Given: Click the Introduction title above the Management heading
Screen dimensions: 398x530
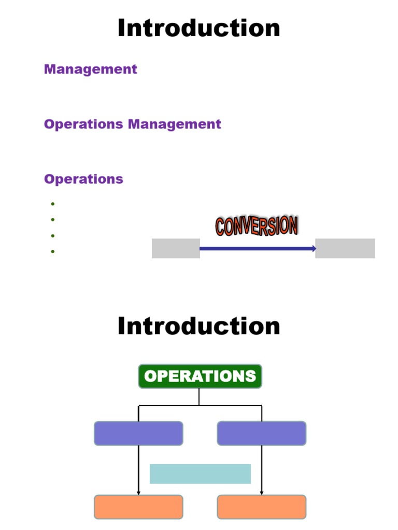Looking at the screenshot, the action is (x=198, y=28).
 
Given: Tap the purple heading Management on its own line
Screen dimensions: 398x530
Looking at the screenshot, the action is (x=91, y=69).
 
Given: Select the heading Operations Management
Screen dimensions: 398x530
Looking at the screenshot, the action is (x=133, y=124).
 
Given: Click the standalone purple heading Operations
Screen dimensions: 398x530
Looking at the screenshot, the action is (x=83, y=179).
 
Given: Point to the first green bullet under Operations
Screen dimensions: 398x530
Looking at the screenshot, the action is (x=53, y=204).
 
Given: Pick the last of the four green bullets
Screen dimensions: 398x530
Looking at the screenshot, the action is (x=53, y=252).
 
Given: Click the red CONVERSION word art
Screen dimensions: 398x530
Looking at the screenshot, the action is (x=257, y=226).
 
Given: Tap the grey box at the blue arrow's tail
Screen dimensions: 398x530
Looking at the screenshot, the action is (x=176, y=248).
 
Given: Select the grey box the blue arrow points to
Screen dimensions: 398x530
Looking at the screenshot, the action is (x=345, y=248).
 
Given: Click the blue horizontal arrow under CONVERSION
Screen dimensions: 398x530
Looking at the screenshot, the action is (x=258, y=249).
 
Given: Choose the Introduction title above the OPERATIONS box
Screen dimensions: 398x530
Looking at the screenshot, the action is (x=198, y=327).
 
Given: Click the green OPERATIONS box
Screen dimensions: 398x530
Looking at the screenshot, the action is (x=200, y=376).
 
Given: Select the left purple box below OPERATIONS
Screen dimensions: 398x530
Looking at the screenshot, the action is (x=138, y=433).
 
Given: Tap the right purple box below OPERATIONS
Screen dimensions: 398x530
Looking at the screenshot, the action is (x=262, y=433).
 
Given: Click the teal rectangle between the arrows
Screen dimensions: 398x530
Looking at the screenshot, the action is (x=200, y=474).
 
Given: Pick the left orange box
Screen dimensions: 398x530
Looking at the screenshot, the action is (x=138, y=507).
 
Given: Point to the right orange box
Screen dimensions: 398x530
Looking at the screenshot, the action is (x=262, y=507).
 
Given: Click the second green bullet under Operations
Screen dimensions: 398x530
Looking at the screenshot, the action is (x=53, y=220).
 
